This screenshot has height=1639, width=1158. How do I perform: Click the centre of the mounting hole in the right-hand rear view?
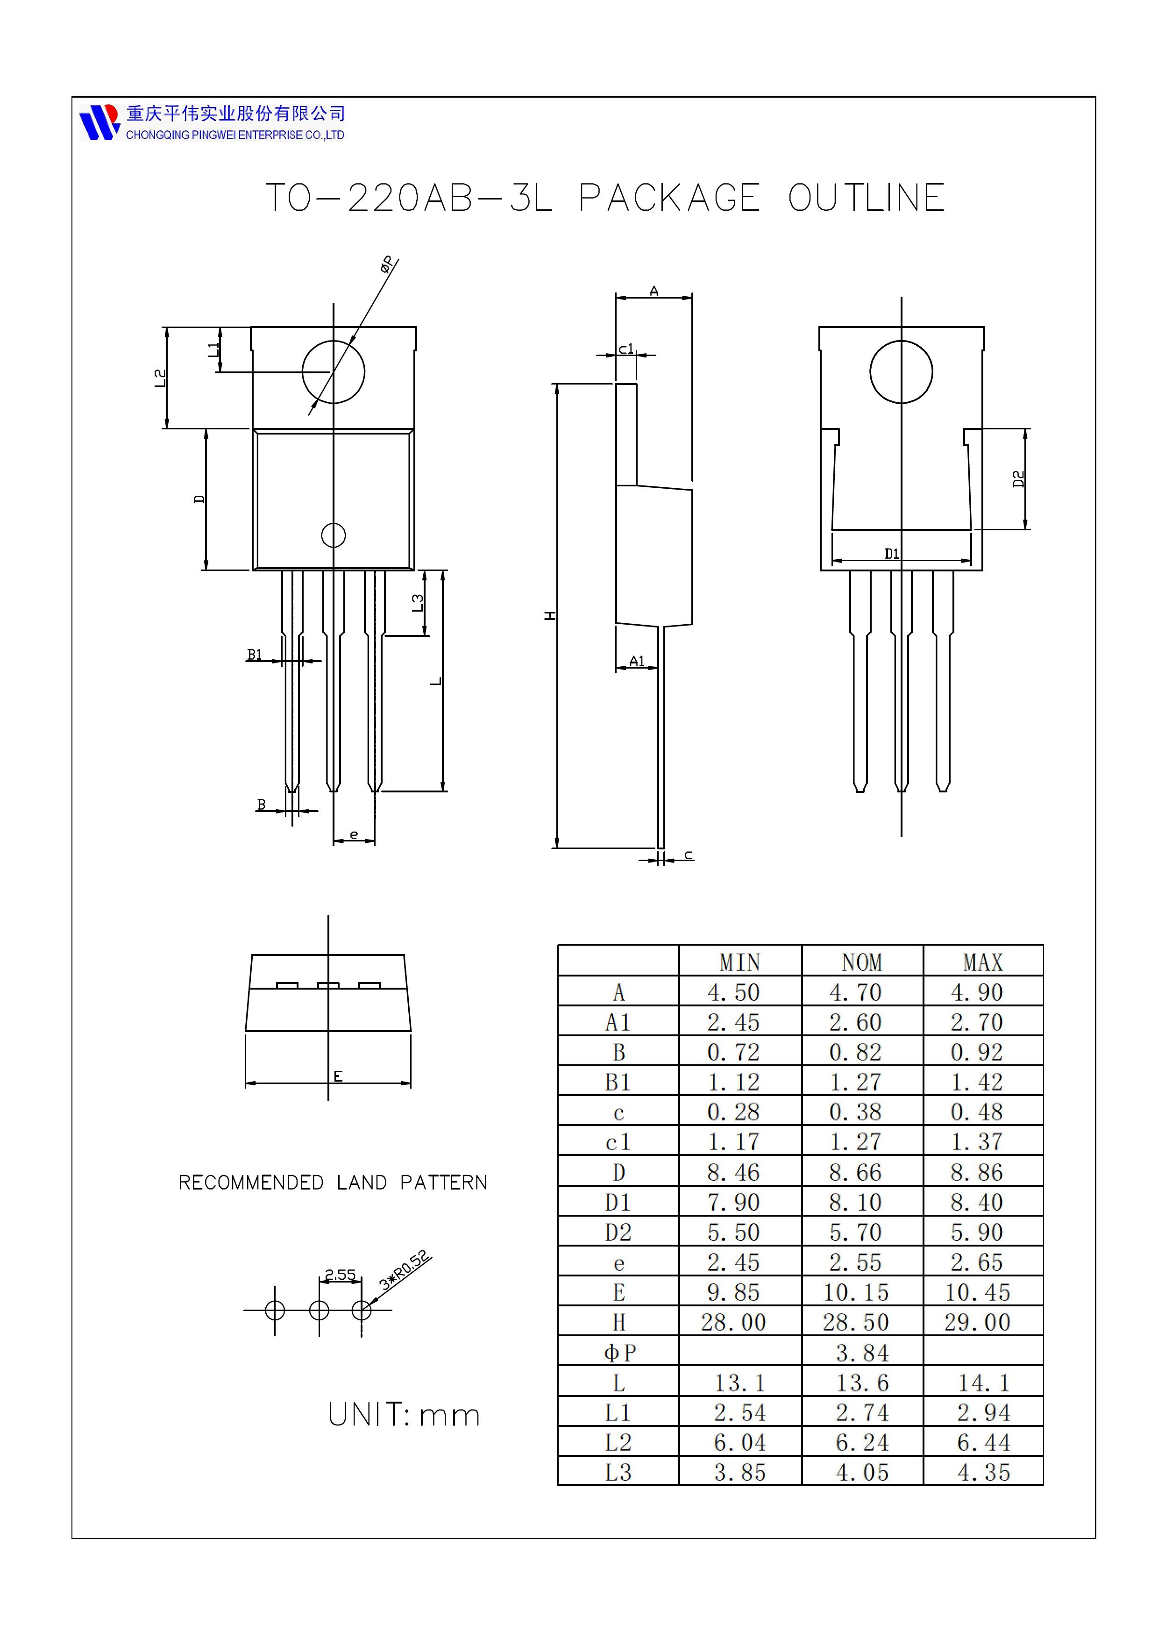tap(901, 372)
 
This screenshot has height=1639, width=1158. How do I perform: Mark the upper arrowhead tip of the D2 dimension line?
tap(1025, 429)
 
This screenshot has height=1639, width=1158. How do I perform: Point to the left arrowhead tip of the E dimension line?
tap(245, 1083)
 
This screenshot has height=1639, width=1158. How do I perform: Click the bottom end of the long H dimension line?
tap(556, 848)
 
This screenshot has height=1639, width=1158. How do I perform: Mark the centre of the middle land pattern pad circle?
tap(319, 1310)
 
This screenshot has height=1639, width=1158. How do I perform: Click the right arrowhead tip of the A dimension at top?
tap(692, 298)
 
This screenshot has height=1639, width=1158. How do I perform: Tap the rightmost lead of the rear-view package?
tap(943, 681)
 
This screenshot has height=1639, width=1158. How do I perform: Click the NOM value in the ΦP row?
tap(862, 1353)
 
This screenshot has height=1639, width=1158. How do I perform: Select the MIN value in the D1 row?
tap(733, 1203)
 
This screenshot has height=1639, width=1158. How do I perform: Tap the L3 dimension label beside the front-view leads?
tap(418, 603)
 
